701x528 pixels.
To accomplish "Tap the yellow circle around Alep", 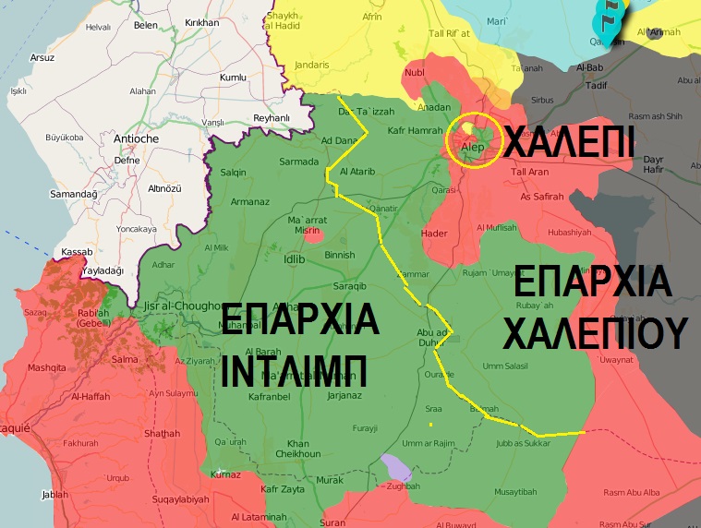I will coord(471,142).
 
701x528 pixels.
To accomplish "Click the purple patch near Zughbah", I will coord(396,467).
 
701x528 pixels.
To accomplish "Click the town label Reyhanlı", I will coord(271,117).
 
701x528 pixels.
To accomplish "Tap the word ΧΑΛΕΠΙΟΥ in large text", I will coord(596,331).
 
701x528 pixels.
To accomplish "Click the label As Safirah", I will coord(541,197).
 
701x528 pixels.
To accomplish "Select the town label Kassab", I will coord(76,251).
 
